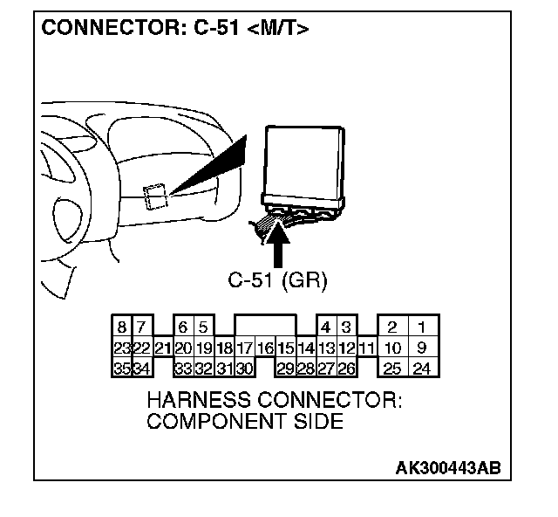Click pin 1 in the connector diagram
(x=422, y=328)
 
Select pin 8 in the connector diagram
(x=122, y=328)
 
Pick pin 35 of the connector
(x=122, y=369)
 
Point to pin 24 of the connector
(x=422, y=369)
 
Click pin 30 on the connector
(x=244, y=369)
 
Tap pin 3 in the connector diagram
(x=346, y=328)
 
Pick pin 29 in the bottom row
(x=285, y=369)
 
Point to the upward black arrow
(x=280, y=245)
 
